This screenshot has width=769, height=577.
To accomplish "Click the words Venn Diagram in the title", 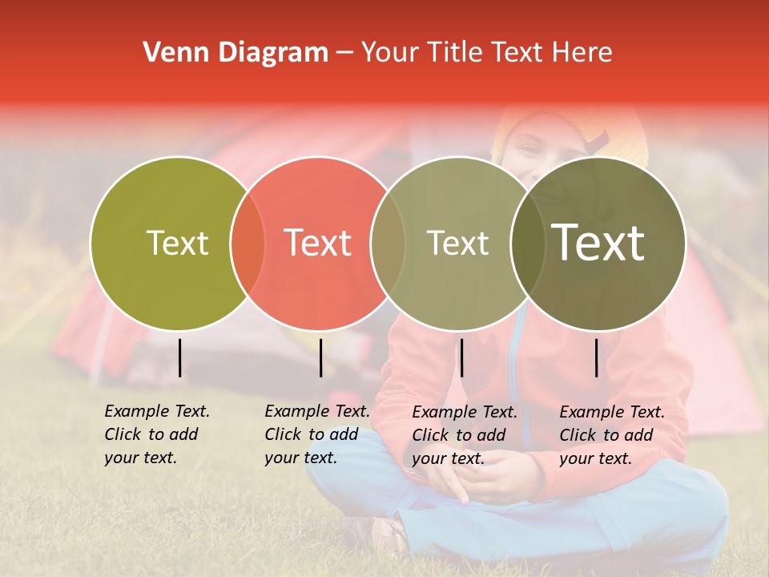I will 235,53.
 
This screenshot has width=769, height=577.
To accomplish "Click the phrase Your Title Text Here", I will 486,53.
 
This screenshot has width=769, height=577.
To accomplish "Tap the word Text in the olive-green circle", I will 177,243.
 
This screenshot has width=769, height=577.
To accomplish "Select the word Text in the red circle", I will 317,243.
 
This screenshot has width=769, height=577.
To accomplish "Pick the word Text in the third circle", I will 457,243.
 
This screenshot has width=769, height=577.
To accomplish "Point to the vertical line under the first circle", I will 179,357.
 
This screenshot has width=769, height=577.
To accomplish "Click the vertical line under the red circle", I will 320,357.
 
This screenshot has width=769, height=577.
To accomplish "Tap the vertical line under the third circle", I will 461,357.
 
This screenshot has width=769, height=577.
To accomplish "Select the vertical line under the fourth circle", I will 597,357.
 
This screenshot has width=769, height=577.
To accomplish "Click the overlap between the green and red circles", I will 248,243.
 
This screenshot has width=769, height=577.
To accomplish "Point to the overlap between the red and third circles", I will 388,243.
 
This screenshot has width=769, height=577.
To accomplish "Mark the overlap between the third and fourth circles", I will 527,243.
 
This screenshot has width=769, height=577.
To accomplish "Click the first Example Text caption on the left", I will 156,434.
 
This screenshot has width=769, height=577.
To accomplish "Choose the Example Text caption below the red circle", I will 316,434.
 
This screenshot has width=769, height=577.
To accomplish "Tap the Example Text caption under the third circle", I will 464,435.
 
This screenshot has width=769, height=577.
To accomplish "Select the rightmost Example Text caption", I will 611,435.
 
